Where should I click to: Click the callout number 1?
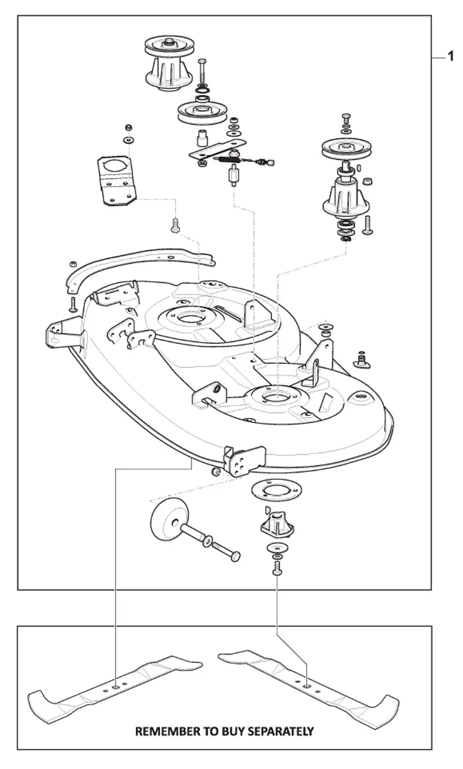pyautogui.click(x=449, y=58)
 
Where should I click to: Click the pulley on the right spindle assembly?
pyautogui.click(x=344, y=148)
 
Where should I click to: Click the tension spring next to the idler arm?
pyautogui.click(x=230, y=157)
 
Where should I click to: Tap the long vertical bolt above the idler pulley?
pyautogui.click(x=203, y=73)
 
